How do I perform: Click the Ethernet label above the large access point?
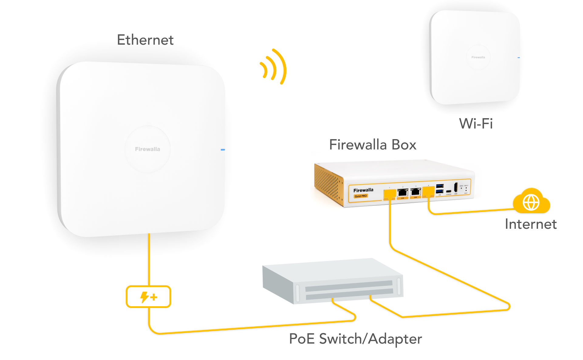tap(145, 40)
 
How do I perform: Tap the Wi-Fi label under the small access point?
tap(476, 124)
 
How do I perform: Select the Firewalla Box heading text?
tap(373, 145)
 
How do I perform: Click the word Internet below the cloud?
tap(531, 224)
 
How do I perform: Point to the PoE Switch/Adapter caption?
tap(355, 339)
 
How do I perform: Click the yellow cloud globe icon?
tap(531, 202)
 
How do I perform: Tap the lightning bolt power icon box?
tap(148, 297)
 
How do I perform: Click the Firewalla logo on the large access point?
tap(148, 149)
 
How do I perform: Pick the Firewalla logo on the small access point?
tap(478, 57)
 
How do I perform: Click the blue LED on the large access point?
tap(223, 150)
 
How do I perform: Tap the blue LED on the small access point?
tap(519, 58)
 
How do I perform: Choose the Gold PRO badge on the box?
tap(361, 196)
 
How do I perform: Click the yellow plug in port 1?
tap(390, 194)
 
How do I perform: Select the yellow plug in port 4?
tap(428, 191)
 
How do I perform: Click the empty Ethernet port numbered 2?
tap(403, 192)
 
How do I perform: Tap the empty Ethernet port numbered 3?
tap(415, 192)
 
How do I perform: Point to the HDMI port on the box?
tap(456, 187)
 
